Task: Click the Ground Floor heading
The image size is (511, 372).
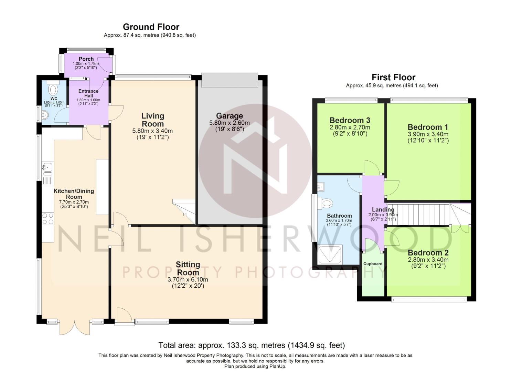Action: (151, 27)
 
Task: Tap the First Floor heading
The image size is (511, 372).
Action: (394, 77)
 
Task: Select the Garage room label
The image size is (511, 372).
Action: (229, 116)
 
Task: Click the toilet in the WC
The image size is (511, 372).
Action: (53, 88)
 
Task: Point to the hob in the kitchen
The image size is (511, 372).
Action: (48, 219)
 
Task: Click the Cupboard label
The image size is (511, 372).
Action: (373, 264)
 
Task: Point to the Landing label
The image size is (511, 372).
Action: (383, 209)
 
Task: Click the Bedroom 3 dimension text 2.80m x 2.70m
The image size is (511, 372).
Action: (350, 127)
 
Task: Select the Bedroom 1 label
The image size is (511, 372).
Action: (428, 127)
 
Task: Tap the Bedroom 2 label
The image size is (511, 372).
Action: (428, 252)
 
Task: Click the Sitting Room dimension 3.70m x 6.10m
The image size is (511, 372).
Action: (188, 279)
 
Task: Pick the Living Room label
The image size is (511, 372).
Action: (153, 120)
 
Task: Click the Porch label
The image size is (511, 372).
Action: (86, 59)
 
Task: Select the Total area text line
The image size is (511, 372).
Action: (252, 345)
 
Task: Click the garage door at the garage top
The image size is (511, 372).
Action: (230, 80)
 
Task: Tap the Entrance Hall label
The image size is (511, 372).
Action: (88, 93)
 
